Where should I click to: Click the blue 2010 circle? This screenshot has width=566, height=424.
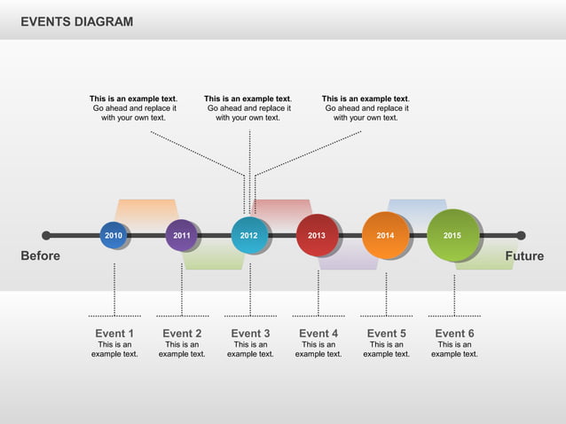(114, 235)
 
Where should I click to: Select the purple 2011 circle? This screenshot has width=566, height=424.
(182, 235)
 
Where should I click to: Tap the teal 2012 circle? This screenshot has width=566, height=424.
(249, 235)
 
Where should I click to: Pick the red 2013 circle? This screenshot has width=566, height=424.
(317, 235)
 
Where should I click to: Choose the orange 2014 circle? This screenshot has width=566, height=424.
(385, 235)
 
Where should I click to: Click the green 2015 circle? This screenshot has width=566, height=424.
(452, 235)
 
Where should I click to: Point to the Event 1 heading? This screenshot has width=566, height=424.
(114, 334)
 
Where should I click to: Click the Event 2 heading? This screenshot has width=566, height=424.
(182, 334)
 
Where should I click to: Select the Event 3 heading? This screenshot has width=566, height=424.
(250, 334)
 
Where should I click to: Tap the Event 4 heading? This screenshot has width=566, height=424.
(318, 334)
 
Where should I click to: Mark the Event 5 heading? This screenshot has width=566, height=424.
(386, 334)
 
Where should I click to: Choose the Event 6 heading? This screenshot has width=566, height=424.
(454, 334)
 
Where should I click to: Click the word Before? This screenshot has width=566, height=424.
(41, 256)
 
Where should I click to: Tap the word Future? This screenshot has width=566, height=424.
(524, 256)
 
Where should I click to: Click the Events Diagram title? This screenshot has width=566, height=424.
(77, 21)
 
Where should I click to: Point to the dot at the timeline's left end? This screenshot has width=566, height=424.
(46, 235)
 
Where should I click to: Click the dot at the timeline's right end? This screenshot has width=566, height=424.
(521, 235)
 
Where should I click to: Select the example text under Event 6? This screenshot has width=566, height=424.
(454, 349)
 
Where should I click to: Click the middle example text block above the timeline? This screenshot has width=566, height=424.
(248, 108)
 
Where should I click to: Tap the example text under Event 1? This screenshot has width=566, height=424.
(114, 349)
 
